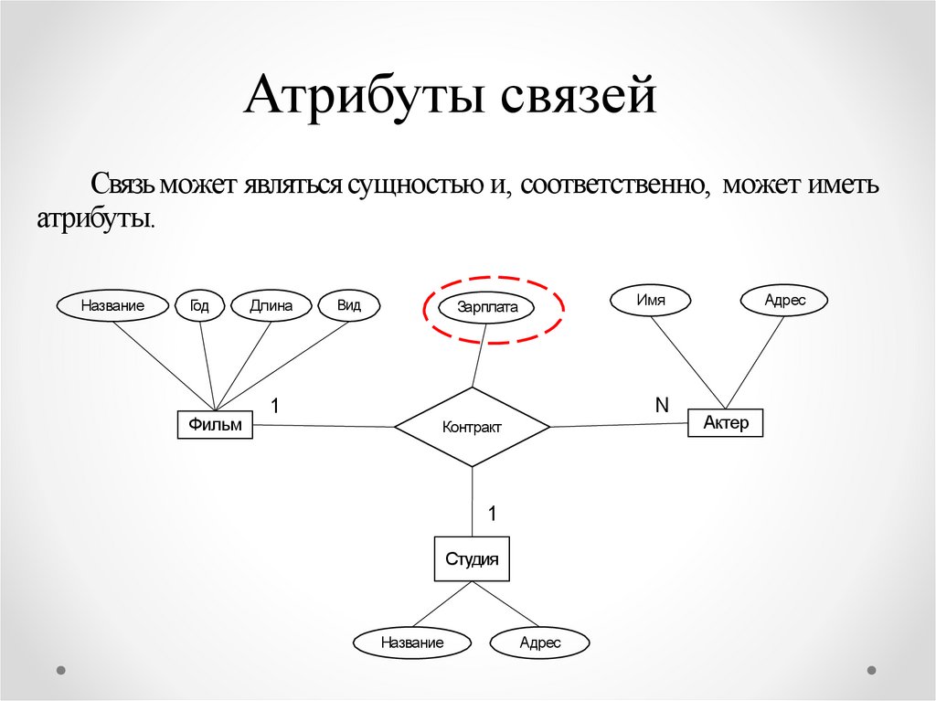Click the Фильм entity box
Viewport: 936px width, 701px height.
(215, 424)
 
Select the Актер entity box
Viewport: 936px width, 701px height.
(725, 422)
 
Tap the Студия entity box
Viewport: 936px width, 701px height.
(471, 559)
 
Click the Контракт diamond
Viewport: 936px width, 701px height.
(472, 427)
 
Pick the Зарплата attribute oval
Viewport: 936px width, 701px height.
(488, 307)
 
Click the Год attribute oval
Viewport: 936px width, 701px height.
(199, 306)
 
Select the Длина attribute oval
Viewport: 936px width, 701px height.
(271, 306)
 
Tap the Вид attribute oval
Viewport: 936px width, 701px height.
(348, 305)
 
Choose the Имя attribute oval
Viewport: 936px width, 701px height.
(651, 299)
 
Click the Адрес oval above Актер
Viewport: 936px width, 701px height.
(784, 300)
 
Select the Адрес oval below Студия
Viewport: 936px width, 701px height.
(539, 643)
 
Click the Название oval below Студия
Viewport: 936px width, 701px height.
(412, 643)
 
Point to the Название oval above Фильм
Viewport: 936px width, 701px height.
(112, 306)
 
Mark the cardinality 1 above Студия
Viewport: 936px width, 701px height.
(492, 515)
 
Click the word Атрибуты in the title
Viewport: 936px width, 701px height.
(361, 99)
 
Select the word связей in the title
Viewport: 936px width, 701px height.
(576, 99)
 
